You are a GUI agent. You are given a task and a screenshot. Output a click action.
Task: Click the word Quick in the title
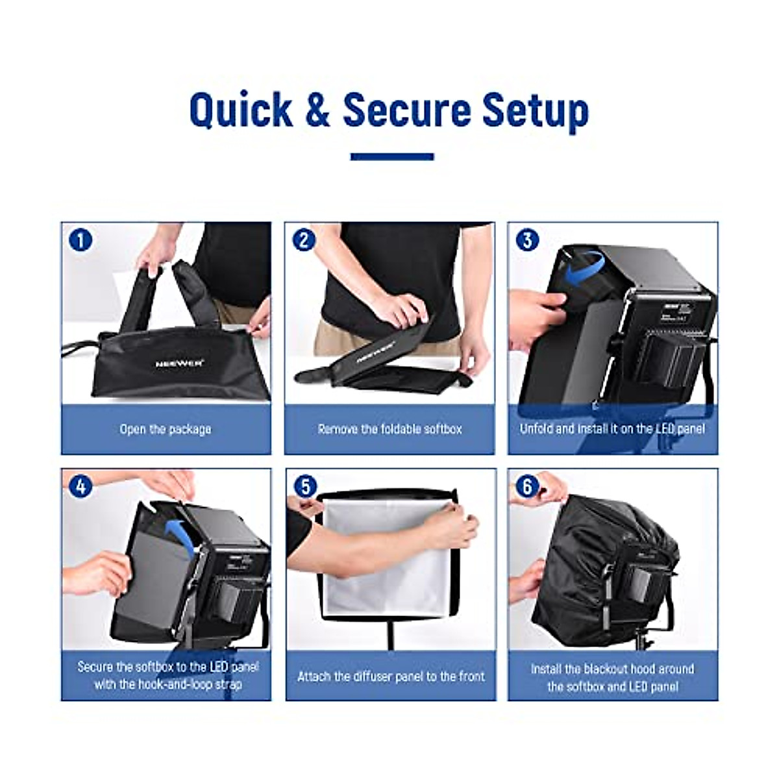[x=241, y=110]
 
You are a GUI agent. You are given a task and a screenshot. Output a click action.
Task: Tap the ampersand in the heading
[x=317, y=110]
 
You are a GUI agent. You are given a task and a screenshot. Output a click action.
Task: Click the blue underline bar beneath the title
[x=391, y=156]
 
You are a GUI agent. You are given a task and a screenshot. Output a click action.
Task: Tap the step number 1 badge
[x=80, y=240]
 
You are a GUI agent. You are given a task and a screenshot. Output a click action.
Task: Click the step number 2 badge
[x=303, y=240]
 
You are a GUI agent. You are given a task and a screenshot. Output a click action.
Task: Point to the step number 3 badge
[x=526, y=240]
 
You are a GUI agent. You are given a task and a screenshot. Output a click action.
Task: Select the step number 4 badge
[x=80, y=486]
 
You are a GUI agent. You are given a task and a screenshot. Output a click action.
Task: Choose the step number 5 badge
[x=305, y=486]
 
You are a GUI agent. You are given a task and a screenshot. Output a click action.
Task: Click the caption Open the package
[x=165, y=429]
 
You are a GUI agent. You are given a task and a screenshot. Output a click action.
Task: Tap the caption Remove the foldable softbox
[x=389, y=429]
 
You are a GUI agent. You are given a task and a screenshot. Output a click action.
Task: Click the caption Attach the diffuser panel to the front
[x=391, y=676]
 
